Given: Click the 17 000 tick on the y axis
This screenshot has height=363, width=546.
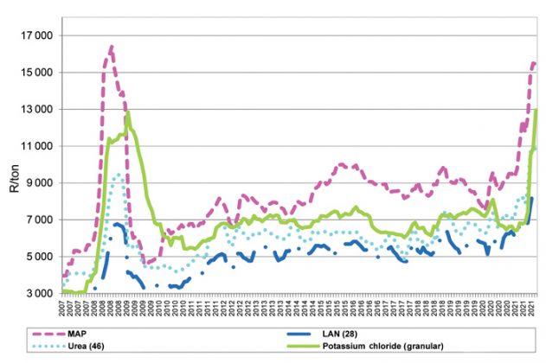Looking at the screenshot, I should coord(37,36).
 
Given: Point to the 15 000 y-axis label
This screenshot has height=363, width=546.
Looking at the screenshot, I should coord(37,73).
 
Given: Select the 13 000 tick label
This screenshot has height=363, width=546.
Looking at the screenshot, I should coord(37,110).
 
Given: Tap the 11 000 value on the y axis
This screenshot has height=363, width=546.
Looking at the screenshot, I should coord(37,146).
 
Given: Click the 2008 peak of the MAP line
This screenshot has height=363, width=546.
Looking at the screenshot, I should coord(112,46).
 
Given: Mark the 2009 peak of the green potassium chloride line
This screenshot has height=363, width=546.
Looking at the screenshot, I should coord(128,112).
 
